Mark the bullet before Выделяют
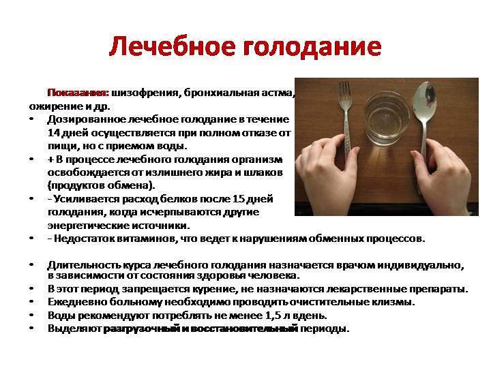[x=33, y=328]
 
